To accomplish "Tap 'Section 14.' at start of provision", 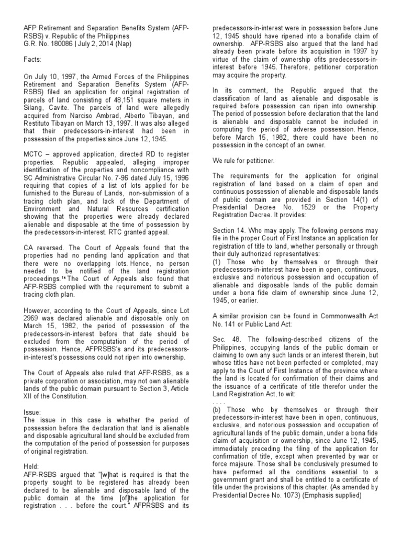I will click(x=227, y=228).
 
